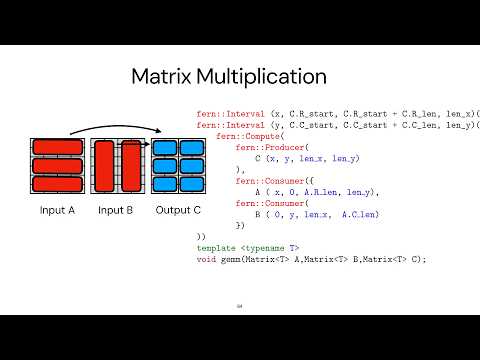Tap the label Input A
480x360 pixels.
pos(57,210)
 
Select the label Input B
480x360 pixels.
pos(116,210)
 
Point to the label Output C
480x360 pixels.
pos(178,210)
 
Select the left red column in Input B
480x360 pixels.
pos(106,166)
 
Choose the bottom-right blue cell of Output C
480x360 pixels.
pos(189,184)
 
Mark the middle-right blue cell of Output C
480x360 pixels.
pos(189,166)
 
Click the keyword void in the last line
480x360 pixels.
pos(206,259)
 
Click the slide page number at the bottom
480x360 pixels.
pos(239,307)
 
